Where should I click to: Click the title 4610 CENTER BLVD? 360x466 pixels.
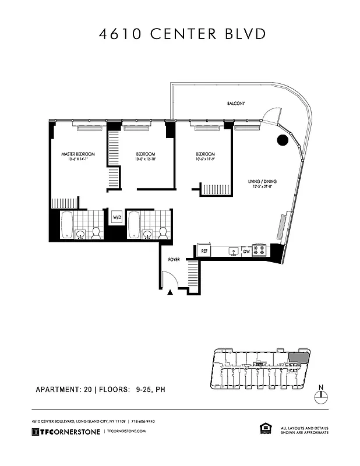point(182,34)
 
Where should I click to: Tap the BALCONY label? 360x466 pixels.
point(236,104)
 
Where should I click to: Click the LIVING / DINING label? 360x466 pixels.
point(262,181)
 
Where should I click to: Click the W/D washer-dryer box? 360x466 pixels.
point(116,217)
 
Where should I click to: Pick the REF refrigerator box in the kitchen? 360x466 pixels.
point(204,250)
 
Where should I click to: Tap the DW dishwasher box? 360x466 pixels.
point(246,250)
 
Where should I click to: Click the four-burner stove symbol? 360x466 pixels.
point(259,250)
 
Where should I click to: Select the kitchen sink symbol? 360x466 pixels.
point(233,251)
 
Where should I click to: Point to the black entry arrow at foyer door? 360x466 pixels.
point(170,292)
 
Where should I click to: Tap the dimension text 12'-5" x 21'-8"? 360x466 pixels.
point(262,186)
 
